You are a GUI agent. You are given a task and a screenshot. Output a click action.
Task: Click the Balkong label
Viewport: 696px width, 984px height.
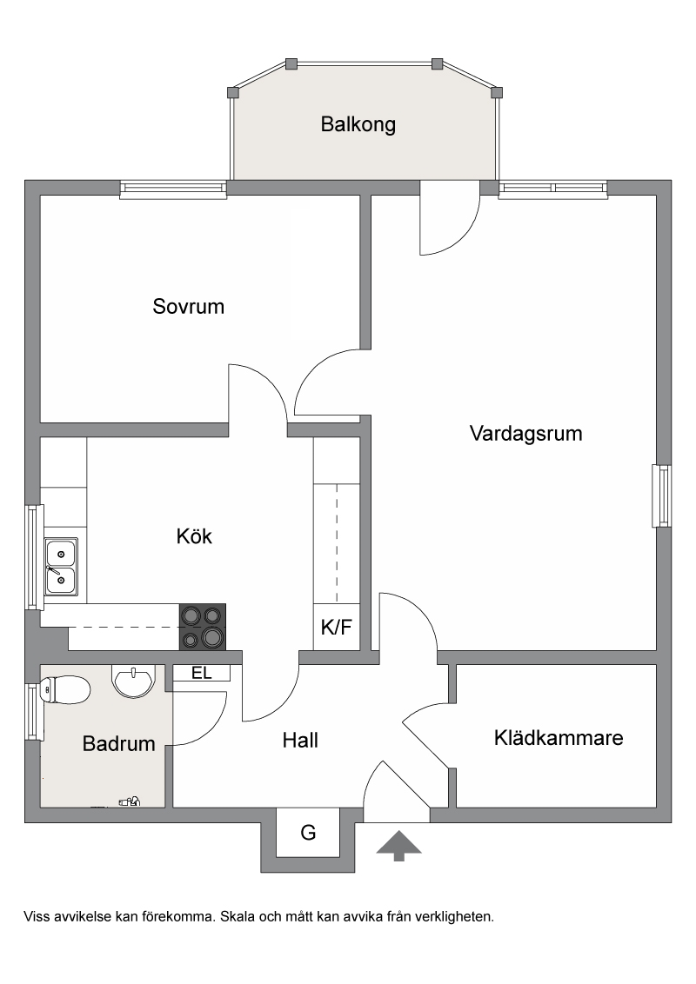pos(358,124)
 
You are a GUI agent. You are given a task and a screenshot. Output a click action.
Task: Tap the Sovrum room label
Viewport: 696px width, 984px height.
pos(189,306)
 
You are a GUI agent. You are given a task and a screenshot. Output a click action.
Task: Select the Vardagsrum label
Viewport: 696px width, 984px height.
pos(525,434)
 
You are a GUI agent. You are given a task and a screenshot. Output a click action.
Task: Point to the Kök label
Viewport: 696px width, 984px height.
pos(194,536)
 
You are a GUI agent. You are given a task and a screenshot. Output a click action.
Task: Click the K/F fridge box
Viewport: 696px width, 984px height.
pos(337,627)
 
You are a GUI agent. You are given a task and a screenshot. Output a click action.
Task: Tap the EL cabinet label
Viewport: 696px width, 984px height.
pos(202,674)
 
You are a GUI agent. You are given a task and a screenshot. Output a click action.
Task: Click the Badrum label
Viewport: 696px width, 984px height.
pos(118,743)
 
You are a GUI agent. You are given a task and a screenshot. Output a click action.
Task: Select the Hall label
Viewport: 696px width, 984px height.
pos(300,741)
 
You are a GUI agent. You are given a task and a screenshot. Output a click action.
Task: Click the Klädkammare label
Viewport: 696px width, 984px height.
pos(559,737)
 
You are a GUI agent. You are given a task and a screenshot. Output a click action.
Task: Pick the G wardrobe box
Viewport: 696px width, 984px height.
pos(308,833)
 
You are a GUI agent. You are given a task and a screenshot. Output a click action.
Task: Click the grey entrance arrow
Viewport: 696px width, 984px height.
pos(398,845)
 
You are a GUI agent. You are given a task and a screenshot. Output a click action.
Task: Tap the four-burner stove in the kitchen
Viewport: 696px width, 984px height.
pos(202,626)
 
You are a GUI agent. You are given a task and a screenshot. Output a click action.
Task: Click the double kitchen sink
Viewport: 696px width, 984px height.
pos(61,567)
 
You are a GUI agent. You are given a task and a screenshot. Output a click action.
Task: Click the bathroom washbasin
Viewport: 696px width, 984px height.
pos(132,681)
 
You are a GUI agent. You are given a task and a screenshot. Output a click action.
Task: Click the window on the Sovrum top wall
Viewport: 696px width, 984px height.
pos(173,189)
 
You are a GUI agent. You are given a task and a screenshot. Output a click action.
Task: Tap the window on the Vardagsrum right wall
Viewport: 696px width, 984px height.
pos(661,495)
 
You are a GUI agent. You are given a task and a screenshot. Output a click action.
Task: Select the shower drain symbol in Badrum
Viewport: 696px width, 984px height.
pos(130,801)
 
